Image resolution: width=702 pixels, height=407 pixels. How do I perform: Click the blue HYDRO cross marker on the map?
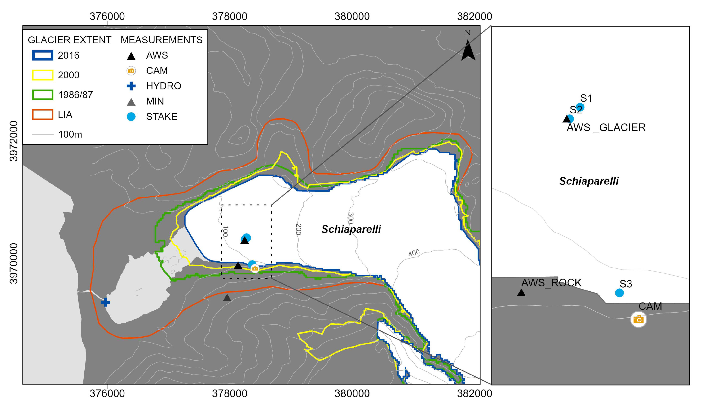[106, 302]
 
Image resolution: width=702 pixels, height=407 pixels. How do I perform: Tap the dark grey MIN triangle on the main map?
[227, 298]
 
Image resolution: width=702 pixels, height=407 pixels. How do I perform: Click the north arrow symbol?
[468, 50]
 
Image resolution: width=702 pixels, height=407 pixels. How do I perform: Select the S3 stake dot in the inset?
[619, 293]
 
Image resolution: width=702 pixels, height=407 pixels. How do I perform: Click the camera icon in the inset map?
[639, 319]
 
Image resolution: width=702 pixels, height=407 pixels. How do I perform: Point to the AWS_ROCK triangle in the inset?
[521, 293]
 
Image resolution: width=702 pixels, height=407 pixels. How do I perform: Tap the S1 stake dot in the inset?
[580, 107]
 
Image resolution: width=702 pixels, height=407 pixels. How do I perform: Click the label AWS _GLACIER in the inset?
[606, 127]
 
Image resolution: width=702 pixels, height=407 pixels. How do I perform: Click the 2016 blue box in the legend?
[43, 55]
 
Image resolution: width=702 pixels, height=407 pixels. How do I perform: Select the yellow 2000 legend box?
[43, 75]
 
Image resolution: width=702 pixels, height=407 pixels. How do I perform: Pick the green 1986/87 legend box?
[43, 95]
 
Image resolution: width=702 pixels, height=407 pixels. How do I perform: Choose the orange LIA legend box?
[43, 115]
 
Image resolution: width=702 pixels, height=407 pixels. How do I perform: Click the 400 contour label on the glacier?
[414, 253]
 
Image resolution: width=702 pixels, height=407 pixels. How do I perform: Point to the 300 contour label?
[351, 218]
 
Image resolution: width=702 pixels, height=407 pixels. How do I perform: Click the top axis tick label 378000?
[230, 17]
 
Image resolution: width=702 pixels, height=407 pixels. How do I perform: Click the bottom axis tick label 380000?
[352, 394]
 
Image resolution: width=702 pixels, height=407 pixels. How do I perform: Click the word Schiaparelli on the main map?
[351, 229]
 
